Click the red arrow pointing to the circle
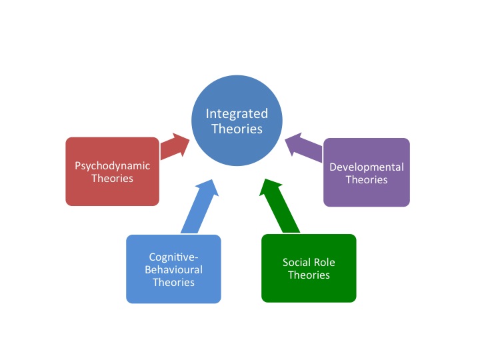coord(177,146)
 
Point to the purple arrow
coord(303,147)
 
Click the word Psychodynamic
coord(113,166)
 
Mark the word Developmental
coord(367,167)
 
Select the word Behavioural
coord(173,270)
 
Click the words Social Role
coord(309,262)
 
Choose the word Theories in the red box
coord(113,178)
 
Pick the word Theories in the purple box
coord(367,179)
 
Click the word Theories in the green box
coord(309,275)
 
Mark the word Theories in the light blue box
coord(173,282)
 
